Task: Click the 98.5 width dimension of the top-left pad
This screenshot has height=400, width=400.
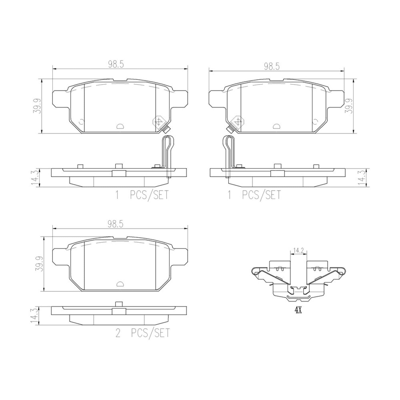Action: click(x=116, y=65)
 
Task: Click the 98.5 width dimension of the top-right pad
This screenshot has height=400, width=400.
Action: click(x=272, y=66)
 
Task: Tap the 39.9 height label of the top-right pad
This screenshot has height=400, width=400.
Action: click(x=349, y=106)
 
